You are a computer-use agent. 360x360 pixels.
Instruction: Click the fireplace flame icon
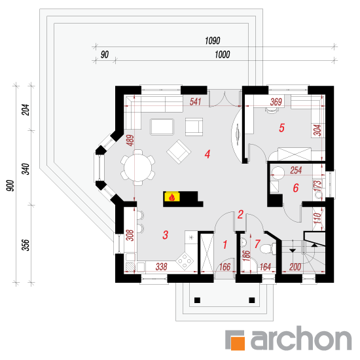(171, 197)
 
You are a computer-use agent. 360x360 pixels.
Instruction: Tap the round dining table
(137, 168)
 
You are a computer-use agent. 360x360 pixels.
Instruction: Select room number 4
(207, 154)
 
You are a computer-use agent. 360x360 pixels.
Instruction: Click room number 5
(281, 128)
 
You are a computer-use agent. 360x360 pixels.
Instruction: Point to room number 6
(296, 188)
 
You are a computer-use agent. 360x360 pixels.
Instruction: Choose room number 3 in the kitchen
(166, 235)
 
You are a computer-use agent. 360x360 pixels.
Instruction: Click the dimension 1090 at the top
(213, 41)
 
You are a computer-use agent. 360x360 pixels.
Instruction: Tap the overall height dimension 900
(10, 185)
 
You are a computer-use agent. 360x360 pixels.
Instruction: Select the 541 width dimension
(196, 101)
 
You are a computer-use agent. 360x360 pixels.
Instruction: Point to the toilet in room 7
(268, 249)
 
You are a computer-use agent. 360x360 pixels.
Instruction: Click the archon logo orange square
(238, 343)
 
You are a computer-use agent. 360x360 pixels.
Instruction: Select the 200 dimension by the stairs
(295, 267)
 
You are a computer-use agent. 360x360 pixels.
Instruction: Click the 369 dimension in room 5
(276, 101)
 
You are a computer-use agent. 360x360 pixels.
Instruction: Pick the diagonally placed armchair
(179, 152)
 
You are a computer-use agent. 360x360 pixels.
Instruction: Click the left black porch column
(197, 300)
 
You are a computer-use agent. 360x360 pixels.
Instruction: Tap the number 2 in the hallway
(240, 214)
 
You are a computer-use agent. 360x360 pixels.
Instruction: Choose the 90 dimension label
(105, 54)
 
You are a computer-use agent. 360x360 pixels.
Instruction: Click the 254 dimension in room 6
(296, 170)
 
